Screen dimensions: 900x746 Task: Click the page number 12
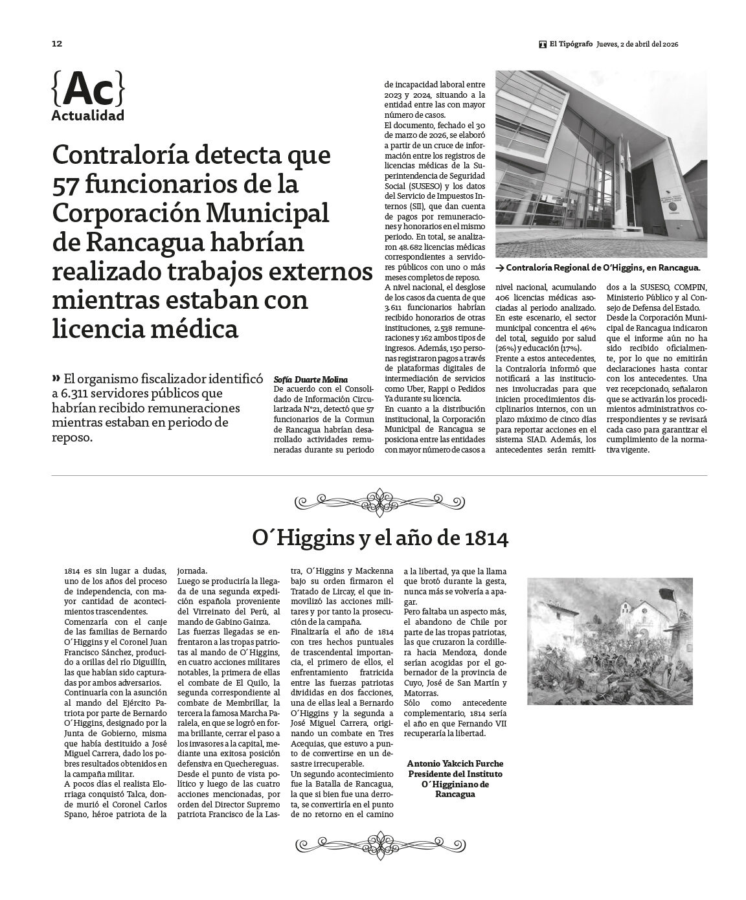(x=57, y=43)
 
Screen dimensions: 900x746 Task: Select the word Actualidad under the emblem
(x=87, y=116)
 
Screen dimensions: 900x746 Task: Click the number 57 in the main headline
(x=67, y=185)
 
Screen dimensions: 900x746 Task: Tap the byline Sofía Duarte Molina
(x=311, y=379)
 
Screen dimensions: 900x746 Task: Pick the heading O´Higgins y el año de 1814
(x=380, y=537)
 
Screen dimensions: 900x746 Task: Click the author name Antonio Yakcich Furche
(x=455, y=764)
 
